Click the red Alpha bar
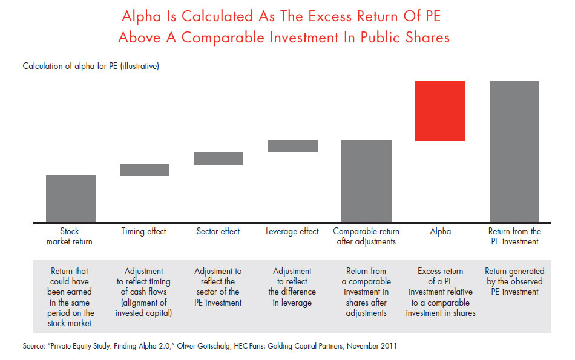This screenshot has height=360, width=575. [440, 111]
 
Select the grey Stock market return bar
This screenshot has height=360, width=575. [71, 198]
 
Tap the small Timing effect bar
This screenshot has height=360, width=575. [145, 170]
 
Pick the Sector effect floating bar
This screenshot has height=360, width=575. [218, 158]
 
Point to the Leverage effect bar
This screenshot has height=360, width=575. [292, 146]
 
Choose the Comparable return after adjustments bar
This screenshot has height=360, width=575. [366, 181]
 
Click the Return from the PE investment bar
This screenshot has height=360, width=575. [514, 151]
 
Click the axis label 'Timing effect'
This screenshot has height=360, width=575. [144, 231]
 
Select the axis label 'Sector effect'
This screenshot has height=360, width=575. [218, 231]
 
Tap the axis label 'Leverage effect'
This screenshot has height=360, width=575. [292, 231]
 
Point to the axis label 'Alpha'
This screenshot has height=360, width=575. [440, 231]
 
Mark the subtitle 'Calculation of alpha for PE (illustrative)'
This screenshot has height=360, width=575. [91, 66]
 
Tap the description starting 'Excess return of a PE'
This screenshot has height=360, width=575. [440, 292]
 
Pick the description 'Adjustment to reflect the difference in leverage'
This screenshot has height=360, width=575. [292, 287]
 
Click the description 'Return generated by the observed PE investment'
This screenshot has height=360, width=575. [514, 281]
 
